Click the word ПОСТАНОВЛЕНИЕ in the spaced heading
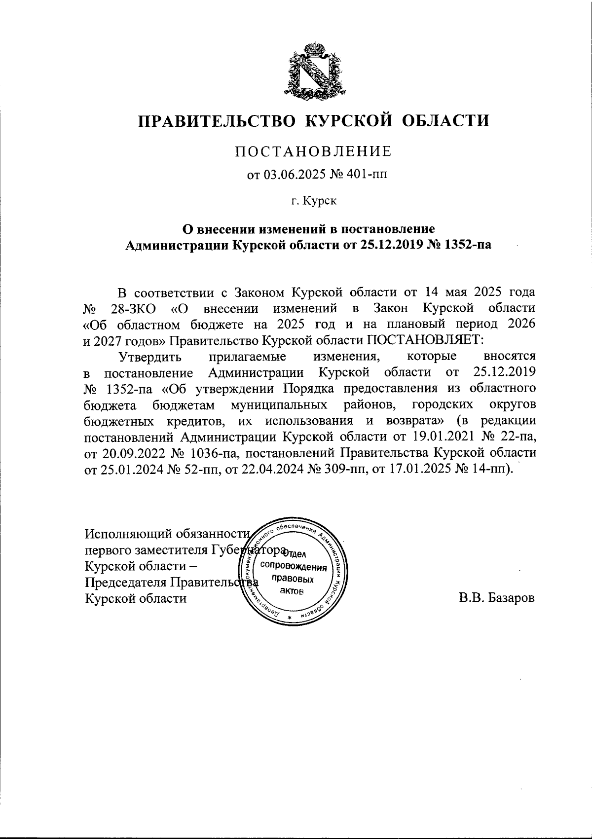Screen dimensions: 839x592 pyautogui.click(x=313, y=151)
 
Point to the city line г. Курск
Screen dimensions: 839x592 pyautogui.click(x=313, y=201)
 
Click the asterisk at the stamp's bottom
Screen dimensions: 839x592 pyautogui.click(x=290, y=619)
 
